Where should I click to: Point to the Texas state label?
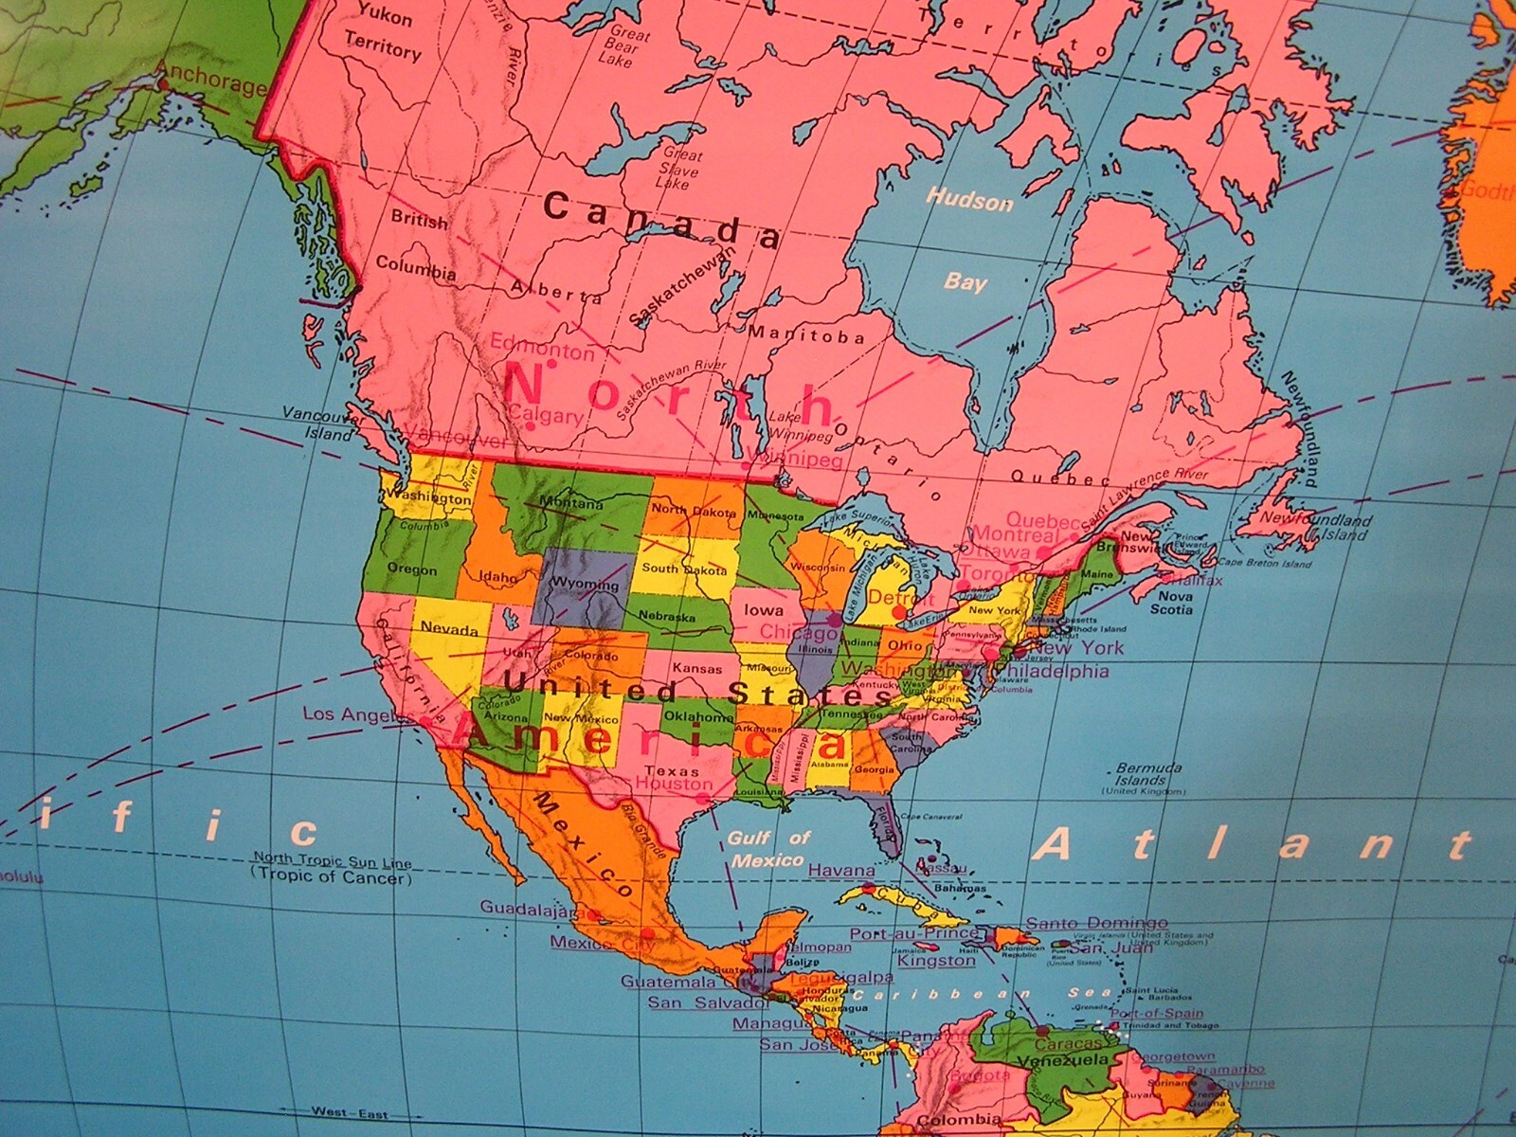pyautogui.click(x=664, y=770)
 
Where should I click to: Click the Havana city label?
pyautogui.click(x=841, y=870)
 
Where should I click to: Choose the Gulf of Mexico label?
pyautogui.click(x=768, y=849)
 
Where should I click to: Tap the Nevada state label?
pyautogui.click(x=449, y=629)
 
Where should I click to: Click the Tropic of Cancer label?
pyautogui.click(x=332, y=877)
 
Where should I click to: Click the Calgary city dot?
pyautogui.click(x=531, y=426)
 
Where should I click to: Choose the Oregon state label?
pyautogui.click(x=412, y=569)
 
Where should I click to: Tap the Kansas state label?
pyautogui.click(x=697, y=669)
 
